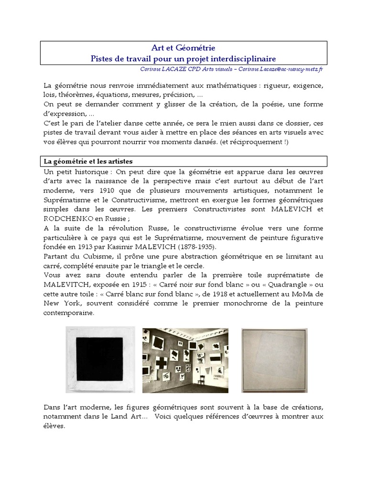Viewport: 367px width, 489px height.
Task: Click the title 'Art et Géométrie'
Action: (183, 48)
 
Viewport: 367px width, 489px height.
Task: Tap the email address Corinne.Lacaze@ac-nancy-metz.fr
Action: (282, 69)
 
